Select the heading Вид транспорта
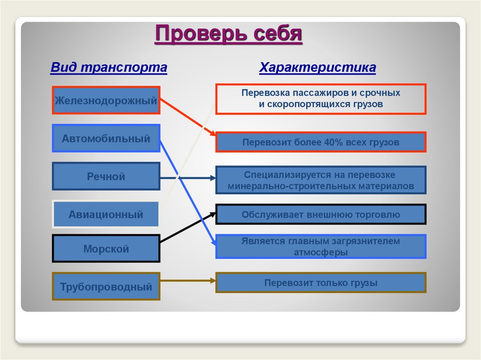(x=109, y=68)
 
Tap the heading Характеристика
(x=318, y=68)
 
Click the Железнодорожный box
(x=106, y=100)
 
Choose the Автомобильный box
(x=106, y=138)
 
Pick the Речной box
(x=106, y=176)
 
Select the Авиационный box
(x=106, y=214)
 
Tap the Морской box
(x=106, y=249)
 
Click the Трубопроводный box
(x=106, y=286)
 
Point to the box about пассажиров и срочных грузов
(x=321, y=99)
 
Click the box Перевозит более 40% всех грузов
(x=321, y=142)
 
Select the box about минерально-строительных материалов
(x=321, y=180)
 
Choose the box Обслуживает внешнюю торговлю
(x=321, y=214)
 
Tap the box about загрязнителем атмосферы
(x=321, y=246)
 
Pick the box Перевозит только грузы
(x=321, y=283)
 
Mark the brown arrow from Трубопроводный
(x=188, y=281)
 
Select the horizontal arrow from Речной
(x=188, y=178)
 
